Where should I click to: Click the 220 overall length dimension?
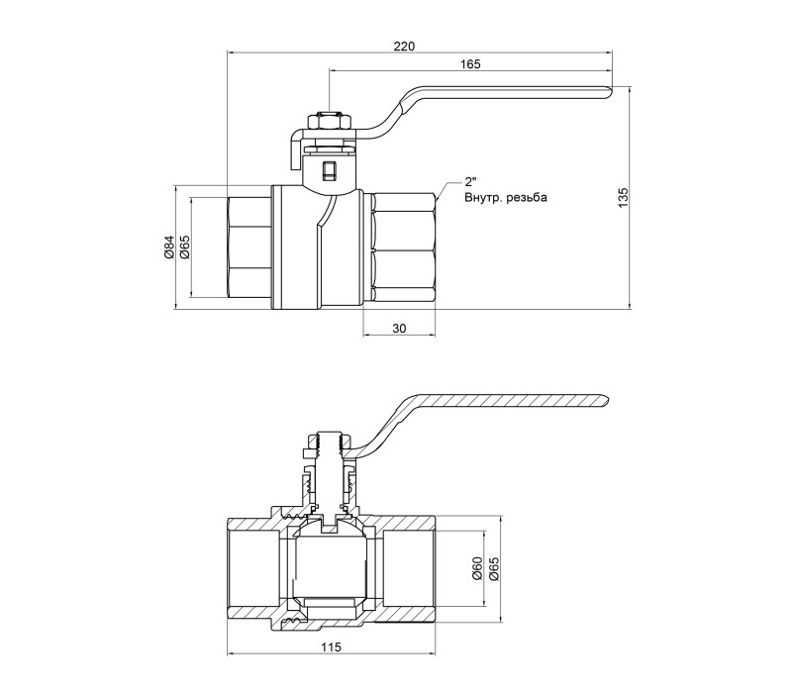click(x=404, y=47)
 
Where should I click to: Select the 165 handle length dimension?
click(x=470, y=64)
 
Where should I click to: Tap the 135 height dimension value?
click(x=624, y=197)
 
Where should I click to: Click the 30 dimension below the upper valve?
click(x=399, y=329)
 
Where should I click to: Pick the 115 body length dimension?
click(x=331, y=647)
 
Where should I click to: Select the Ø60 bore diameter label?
click(x=477, y=567)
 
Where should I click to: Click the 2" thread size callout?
click(x=470, y=182)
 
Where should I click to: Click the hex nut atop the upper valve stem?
click(x=330, y=122)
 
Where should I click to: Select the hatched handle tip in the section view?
click(x=602, y=401)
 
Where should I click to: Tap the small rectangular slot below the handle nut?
click(x=330, y=170)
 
